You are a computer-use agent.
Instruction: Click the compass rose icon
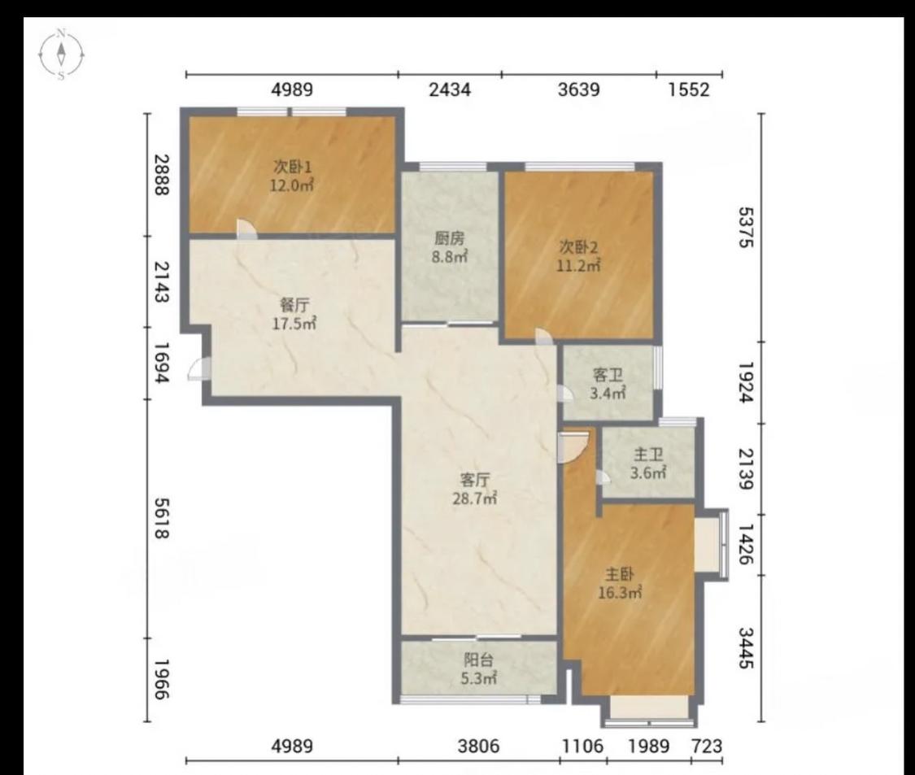point(61,54)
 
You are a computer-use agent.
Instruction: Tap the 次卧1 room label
point(292,167)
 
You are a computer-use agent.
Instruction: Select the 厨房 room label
point(449,238)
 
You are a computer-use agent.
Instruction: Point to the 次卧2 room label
point(578,247)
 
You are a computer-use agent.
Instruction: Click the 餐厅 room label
point(294,305)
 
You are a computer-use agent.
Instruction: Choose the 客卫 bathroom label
point(608,375)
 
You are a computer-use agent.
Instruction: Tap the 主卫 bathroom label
point(647,454)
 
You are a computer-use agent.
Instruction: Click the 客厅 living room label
point(475,480)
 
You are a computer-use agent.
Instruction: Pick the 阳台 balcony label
point(478,660)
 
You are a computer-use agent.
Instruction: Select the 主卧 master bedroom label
point(620,574)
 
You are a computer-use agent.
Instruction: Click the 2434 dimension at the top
point(449,90)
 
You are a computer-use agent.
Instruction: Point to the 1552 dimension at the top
point(689,90)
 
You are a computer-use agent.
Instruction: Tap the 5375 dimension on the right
point(746,227)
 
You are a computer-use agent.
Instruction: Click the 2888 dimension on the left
point(162,175)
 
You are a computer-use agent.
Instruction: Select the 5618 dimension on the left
point(162,518)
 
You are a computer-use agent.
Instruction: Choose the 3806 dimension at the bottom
point(478,746)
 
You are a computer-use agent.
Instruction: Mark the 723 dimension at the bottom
point(707,746)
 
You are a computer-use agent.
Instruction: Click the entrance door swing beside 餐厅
point(199,369)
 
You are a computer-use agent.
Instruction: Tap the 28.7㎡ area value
point(475,499)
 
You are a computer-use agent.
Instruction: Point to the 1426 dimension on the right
point(746,544)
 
